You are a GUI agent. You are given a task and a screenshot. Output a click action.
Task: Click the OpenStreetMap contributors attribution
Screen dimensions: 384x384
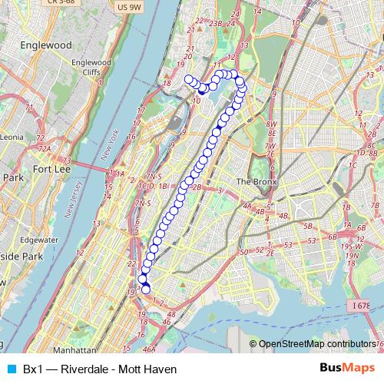tap(317, 344)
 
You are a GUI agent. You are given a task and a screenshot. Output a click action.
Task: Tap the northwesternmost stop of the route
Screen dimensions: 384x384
tap(189, 79)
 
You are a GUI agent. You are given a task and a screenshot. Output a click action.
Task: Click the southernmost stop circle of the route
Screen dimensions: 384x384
tap(146, 290)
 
